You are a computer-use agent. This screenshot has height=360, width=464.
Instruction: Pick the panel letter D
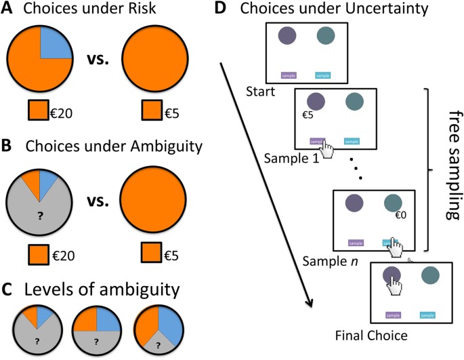[x=219, y=9]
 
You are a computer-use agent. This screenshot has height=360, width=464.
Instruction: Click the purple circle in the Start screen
[x=286, y=36]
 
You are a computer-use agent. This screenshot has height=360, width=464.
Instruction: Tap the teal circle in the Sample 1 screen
[x=354, y=102]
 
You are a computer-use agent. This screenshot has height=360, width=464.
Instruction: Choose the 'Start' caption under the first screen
[x=262, y=91]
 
